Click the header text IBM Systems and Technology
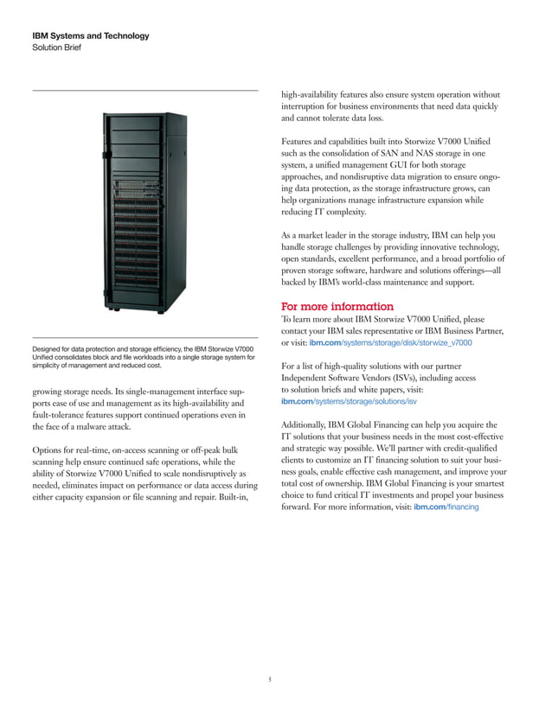point(90,35)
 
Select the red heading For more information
point(337,306)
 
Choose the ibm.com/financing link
point(446,507)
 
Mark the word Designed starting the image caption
point(50,348)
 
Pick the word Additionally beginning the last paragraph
point(312,424)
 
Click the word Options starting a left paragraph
point(48,451)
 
